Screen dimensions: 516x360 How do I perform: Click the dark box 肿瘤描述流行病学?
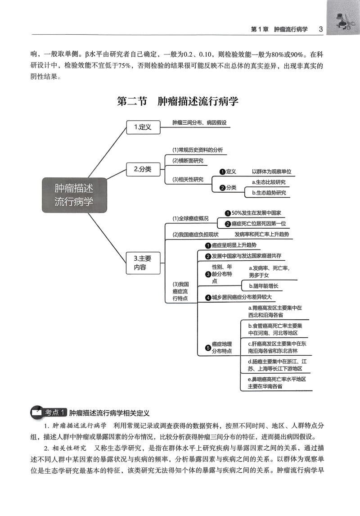pos(74,195)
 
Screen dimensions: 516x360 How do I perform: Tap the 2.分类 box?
pos(142,169)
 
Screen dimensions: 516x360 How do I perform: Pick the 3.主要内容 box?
pos(142,263)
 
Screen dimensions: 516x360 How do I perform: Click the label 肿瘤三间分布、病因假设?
pos(199,122)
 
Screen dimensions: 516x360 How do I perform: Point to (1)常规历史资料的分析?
pos(198,150)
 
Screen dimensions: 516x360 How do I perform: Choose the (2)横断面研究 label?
pos(188,161)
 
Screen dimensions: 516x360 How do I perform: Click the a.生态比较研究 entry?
pos(269,182)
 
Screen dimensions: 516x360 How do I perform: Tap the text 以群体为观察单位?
pos(271,172)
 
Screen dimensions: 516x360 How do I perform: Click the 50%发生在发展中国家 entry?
pos(255,213)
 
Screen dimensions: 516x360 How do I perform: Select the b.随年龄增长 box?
pos(264,286)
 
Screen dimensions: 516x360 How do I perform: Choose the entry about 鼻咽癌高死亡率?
pos(277,383)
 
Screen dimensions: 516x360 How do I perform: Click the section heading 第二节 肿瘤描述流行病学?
pos(177,101)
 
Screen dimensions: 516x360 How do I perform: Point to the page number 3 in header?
pos(320,29)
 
